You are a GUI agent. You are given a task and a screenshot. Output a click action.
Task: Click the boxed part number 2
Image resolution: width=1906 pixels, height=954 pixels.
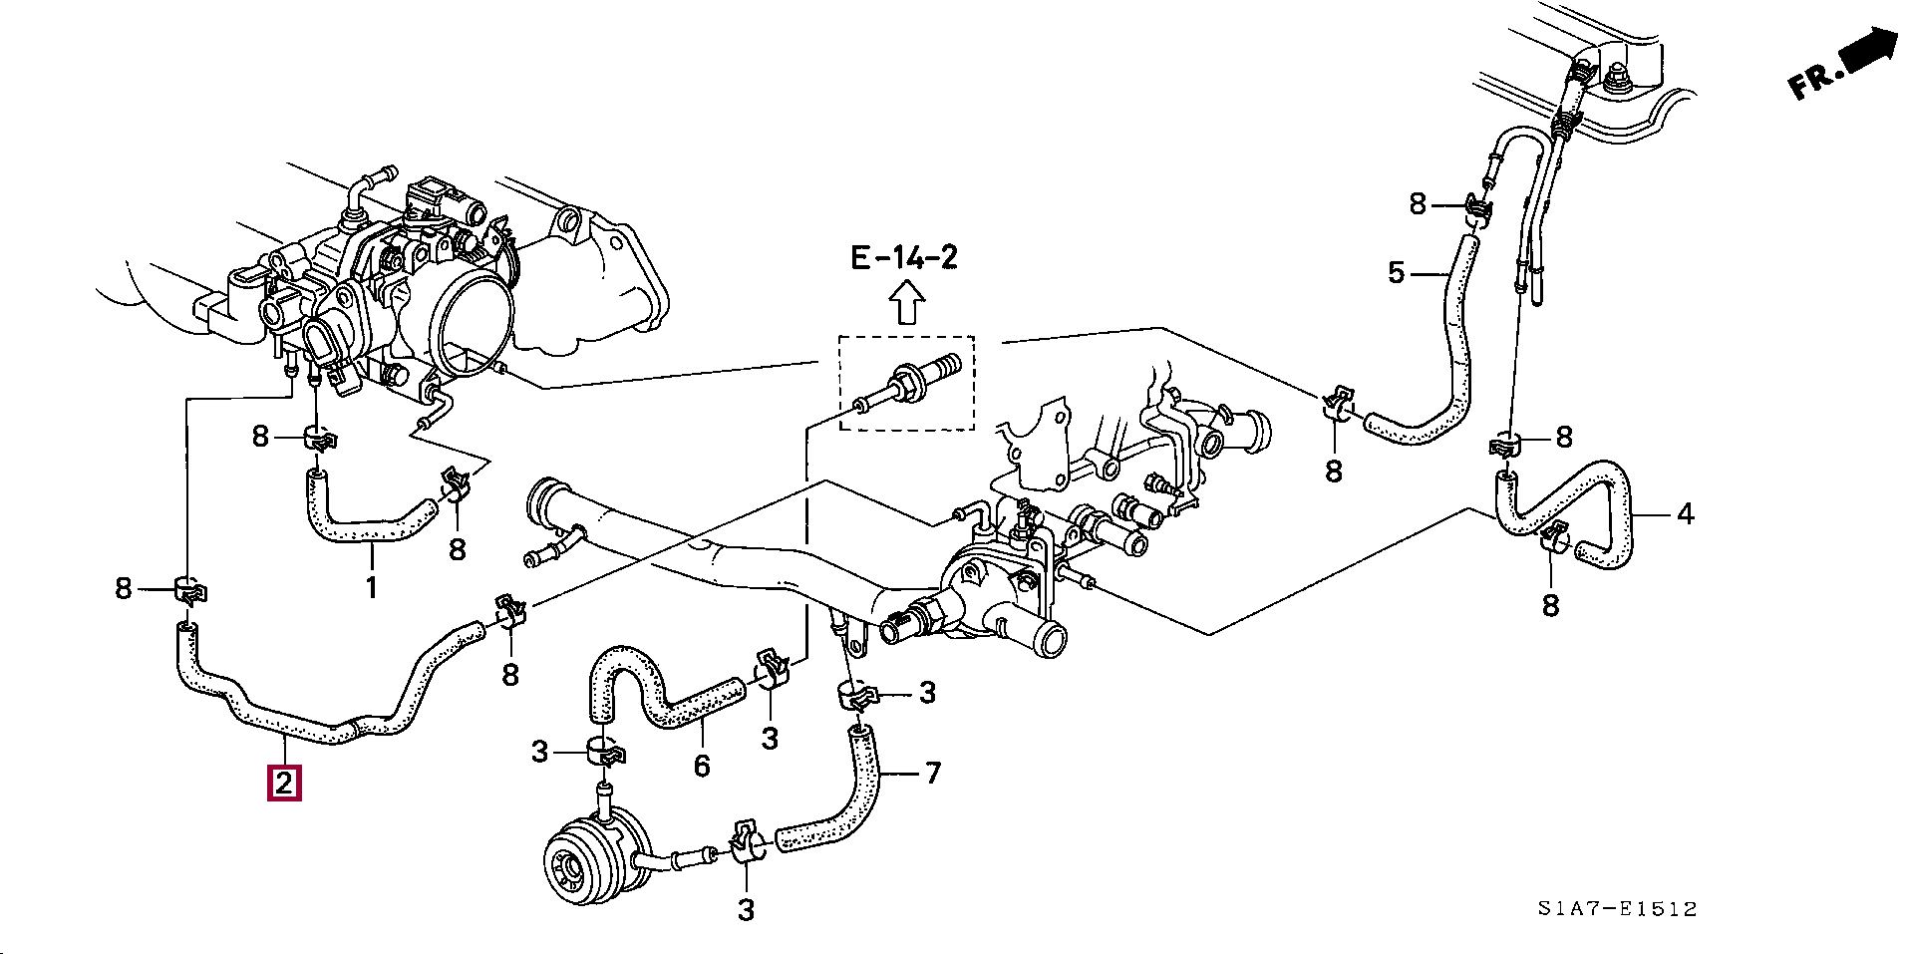284,783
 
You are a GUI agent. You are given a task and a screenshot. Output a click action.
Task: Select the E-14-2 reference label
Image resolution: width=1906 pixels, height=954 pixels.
904,258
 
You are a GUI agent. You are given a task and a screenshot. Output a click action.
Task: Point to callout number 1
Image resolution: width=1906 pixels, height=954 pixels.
371,587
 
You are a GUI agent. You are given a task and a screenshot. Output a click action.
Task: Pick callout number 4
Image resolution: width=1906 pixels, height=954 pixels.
1685,514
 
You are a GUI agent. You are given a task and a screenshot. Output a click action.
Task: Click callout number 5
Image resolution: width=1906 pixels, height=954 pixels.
1397,272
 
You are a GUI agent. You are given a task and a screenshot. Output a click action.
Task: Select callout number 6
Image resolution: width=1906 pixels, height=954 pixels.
702,766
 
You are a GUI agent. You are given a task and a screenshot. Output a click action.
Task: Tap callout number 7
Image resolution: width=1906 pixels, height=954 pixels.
932,773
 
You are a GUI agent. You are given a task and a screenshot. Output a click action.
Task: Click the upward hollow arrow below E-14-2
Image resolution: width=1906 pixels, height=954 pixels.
905,302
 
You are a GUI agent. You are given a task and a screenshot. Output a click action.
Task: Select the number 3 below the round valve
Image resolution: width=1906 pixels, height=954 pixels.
746,909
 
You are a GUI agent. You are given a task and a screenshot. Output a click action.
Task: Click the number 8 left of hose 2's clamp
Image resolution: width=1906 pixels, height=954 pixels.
123,588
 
